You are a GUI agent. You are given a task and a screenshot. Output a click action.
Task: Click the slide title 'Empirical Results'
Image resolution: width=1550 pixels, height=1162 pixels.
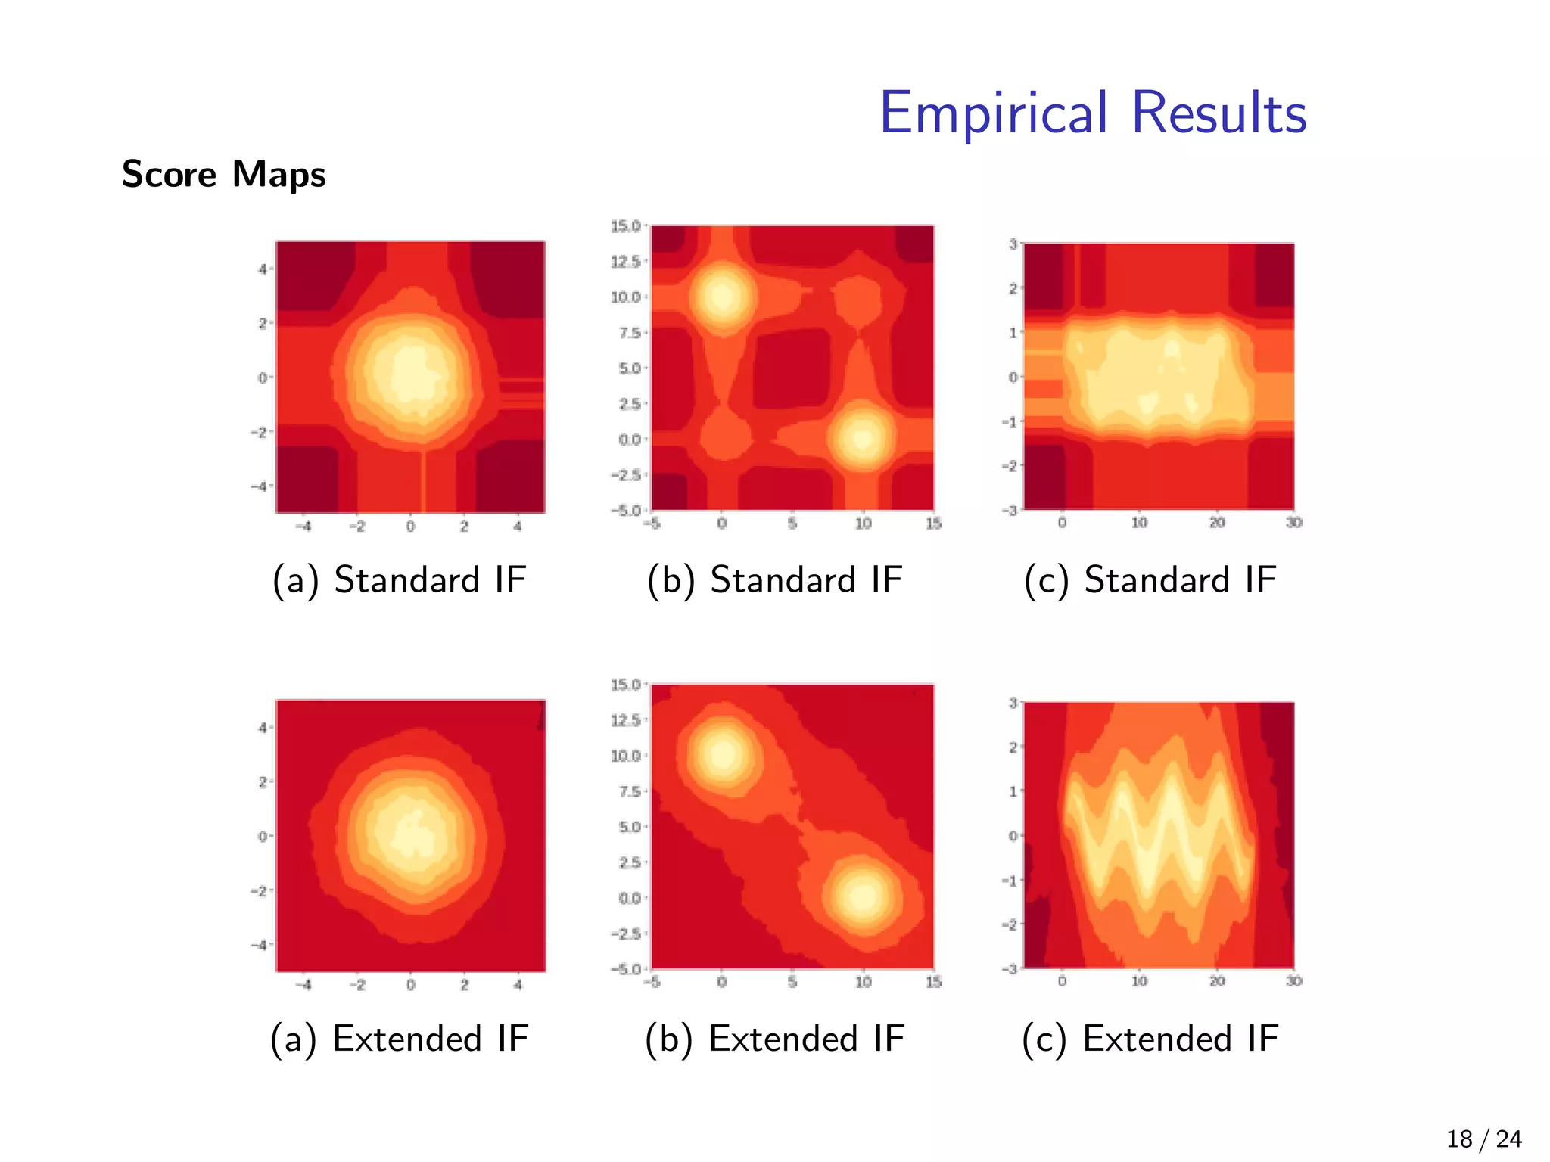point(1092,113)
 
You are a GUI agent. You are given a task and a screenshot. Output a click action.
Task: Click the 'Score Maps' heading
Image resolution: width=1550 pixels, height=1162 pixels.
point(223,174)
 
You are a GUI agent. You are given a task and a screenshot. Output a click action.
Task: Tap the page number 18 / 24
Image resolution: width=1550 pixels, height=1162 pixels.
point(1483,1139)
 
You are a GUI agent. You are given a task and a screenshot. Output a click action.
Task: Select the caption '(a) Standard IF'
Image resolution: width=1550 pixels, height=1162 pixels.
point(399,580)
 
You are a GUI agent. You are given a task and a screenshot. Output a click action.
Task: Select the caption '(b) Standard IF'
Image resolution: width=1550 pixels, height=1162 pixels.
point(774,580)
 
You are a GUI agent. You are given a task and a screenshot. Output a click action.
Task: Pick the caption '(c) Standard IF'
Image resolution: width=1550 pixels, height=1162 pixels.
point(1150,580)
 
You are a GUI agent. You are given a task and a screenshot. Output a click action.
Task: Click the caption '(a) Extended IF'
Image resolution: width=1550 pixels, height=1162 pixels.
point(399,1039)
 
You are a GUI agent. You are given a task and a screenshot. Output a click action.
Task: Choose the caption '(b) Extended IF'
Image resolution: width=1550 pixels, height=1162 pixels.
point(774,1039)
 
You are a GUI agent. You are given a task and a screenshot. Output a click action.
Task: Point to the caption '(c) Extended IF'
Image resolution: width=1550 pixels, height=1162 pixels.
point(1150,1039)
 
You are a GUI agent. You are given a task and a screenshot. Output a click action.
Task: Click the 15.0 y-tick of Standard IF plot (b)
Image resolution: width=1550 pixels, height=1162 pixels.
point(625,225)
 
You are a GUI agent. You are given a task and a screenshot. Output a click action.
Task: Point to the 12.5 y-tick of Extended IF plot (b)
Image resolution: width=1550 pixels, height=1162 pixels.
point(625,719)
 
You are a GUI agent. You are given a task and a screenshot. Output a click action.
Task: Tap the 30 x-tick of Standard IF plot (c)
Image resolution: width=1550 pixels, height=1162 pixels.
point(1293,523)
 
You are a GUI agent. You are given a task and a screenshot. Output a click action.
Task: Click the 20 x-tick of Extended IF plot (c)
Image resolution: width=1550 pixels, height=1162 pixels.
point(1216,981)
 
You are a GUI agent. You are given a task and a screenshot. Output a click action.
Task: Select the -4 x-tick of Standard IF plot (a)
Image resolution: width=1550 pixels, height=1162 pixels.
point(303,527)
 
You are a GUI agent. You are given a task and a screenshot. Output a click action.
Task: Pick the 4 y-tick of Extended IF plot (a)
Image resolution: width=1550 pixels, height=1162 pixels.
point(262,728)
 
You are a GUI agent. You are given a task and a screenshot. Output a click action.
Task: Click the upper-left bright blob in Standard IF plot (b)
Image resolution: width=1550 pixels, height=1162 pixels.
point(723,295)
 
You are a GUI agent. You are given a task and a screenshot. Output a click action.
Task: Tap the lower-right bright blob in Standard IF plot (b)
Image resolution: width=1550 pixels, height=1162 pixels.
point(863,438)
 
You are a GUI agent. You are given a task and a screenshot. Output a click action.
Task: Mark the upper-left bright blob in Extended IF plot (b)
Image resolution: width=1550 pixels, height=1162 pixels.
point(723,753)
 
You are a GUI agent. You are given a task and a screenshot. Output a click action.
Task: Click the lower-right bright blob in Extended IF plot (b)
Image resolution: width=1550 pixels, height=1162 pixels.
point(863,896)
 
